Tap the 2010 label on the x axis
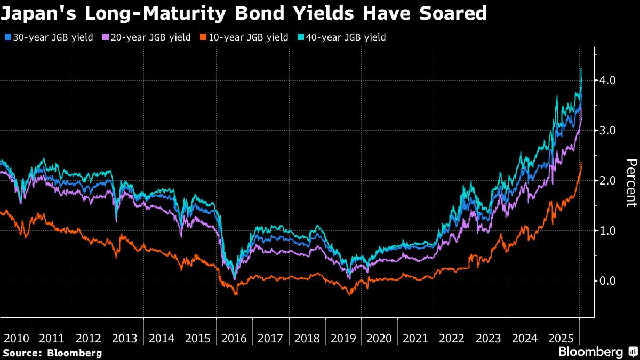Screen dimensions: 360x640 [x=16, y=338]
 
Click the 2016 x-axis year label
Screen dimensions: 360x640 [x=235, y=338]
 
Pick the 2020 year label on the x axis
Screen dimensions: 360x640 [x=380, y=338]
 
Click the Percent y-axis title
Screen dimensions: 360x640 [x=631, y=182]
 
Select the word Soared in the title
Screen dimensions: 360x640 [x=451, y=13]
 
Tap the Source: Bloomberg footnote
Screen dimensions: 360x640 [x=52, y=353]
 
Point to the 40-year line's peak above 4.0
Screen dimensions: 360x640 [x=581, y=69]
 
